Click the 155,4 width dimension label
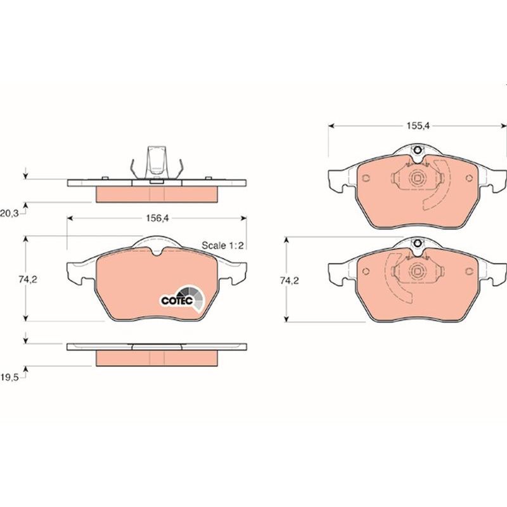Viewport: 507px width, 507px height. (x=418, y=125)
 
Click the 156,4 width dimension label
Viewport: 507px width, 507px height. (x=157, y=218)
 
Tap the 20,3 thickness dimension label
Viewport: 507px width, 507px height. (x=10, y=213)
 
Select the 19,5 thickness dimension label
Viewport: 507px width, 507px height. (x=10, y=377)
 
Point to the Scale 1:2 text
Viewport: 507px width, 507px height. (x=222, y=245)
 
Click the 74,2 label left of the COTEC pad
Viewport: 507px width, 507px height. (x=28, y=279)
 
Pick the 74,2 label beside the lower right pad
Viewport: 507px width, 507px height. (x=290, y=281)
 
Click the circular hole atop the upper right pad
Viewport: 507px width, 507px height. (x=418, y=150)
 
